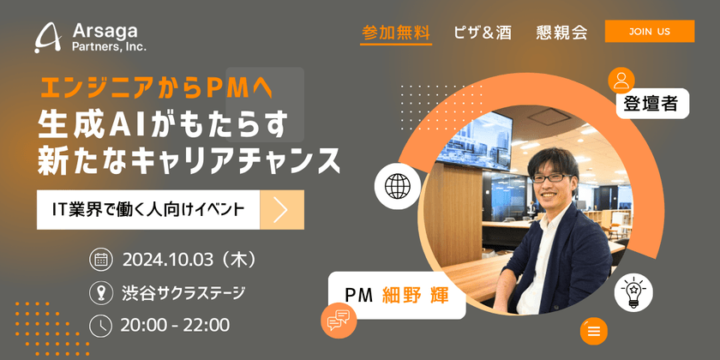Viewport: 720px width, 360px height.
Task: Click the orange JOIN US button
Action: [x=649, y=32]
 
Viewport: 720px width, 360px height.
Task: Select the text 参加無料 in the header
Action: [x=395, y=33]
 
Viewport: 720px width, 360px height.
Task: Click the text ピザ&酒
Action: [x=483, y=33]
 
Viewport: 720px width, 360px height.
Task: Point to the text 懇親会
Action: [x=561, y=33]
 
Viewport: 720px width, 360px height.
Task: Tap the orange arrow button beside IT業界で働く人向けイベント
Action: [x=281, y=210]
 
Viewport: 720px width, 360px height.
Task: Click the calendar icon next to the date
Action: [x=100, y=259]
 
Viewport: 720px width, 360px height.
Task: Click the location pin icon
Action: [x=100, y=292]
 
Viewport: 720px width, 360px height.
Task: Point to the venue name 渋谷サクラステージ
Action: [x=183, y=292]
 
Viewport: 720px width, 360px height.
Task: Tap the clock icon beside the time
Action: [x=100, y=325]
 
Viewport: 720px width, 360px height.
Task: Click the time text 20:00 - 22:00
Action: [x=176, y=325]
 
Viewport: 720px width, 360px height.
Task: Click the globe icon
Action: [x=398, y=184]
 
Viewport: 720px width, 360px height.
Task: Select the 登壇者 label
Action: [x=651, y=105]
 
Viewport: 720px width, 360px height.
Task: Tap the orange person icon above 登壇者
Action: [x=621, y=80]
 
